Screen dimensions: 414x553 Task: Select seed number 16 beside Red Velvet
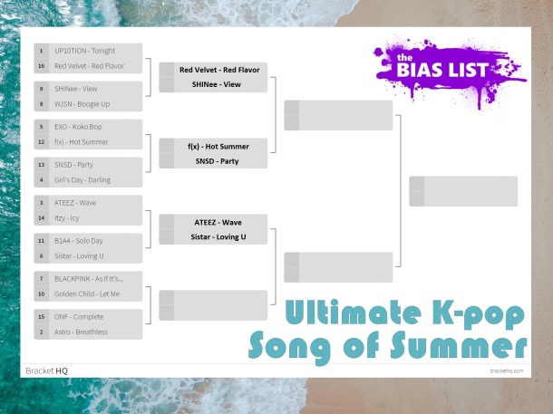42,66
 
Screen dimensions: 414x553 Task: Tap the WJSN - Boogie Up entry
89,104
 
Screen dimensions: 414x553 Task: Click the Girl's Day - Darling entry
88,180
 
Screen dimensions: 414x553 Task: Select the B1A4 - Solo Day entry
85,241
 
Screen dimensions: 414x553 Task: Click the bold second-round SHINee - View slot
218,84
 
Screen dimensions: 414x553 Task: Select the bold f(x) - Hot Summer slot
218,146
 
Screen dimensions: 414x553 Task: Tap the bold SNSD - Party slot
218,161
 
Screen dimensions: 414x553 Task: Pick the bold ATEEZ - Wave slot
218,222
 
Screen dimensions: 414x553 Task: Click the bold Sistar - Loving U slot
218,237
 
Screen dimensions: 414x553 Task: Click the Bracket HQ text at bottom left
47,371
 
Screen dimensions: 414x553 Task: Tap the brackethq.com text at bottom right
507,371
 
